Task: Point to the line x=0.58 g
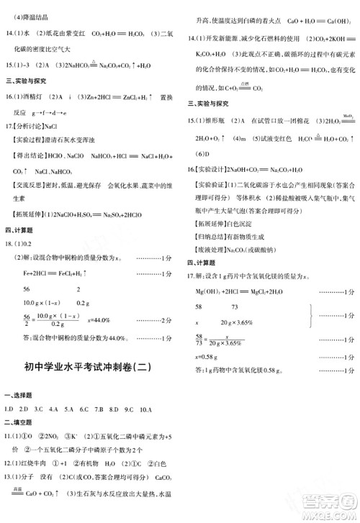(x=205, y=358)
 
